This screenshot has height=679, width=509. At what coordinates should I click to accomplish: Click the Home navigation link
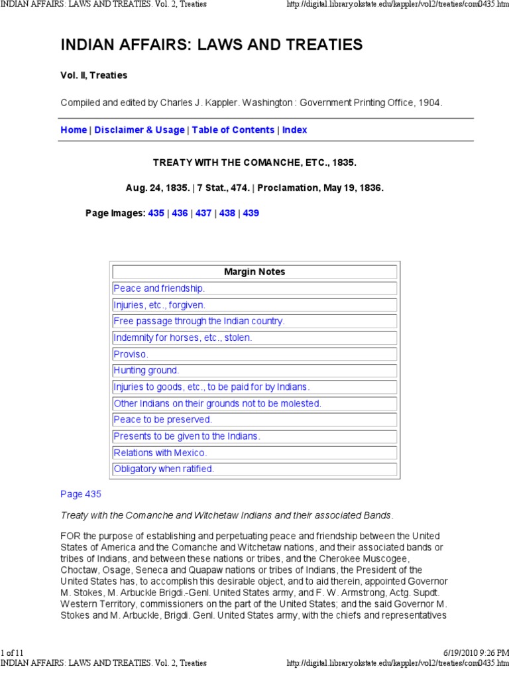(74, 130)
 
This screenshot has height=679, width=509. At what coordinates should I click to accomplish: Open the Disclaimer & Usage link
(139, 130)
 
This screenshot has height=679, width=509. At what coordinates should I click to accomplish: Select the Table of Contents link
(233, 130)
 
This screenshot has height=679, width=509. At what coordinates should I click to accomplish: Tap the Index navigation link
(295, 130)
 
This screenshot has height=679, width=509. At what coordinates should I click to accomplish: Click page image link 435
(156, 214)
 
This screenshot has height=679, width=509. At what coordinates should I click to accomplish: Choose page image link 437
(203, 214)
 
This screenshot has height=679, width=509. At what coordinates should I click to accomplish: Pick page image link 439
(251, 214)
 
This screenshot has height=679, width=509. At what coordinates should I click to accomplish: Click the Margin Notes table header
(254, 272)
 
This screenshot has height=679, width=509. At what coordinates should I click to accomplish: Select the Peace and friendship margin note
(159, 288)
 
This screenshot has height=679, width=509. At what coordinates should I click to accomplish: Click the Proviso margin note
(131, 354)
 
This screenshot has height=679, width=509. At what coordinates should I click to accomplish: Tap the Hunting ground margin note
(146, 371)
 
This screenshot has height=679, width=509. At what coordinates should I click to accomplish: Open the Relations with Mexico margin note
(160, 453)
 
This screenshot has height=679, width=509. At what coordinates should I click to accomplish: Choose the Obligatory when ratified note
(164, 469)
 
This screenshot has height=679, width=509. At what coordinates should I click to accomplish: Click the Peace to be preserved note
(163, 420)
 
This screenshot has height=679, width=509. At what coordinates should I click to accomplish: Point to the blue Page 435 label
(81, 494)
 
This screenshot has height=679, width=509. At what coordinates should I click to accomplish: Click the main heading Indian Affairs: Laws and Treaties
(211, 45)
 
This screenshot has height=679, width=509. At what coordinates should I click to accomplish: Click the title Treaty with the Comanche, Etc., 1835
(254, 162)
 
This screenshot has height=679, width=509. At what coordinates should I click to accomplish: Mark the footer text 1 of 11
(13, 653)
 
